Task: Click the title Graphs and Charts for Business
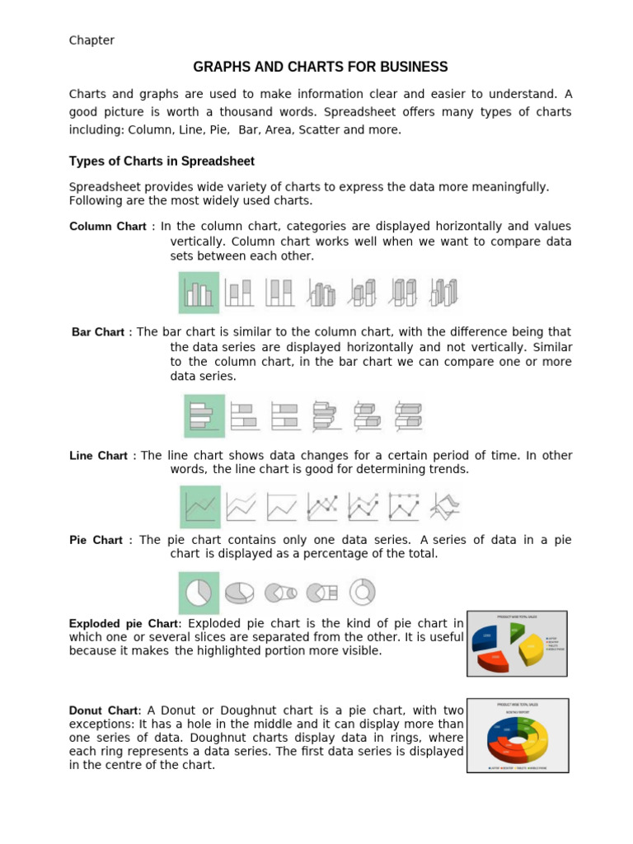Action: point(321,67)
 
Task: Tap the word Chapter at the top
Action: point(91,40)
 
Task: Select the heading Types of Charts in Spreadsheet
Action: point(162,161)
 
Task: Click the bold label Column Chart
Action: point(107,227)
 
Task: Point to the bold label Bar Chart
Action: point(98,332)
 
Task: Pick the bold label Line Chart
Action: point(98,456)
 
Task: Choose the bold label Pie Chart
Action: point(96,541)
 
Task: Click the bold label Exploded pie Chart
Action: point(123,624)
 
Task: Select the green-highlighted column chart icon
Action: point(199,293)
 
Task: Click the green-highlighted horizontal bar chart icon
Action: point(204,415)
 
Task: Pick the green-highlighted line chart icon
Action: point(200,507)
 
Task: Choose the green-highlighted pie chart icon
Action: point(199,592)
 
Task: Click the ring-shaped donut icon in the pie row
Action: point(363,591)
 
